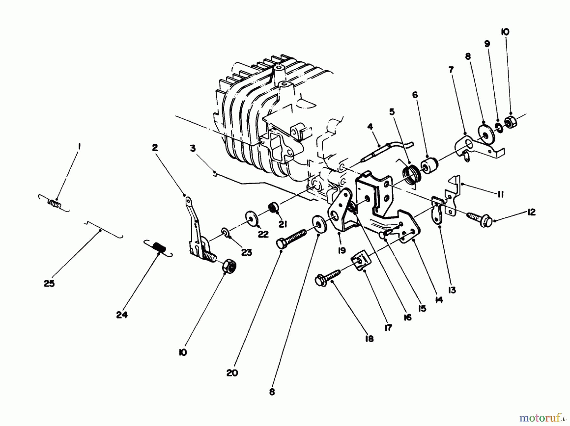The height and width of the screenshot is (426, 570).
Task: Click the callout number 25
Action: pyautogui.click(x=49, y=283)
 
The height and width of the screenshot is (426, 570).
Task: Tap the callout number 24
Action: pyautogui.click(x=122, y=315)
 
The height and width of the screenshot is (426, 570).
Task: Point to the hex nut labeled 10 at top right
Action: pyautogui.click(x=510, y=121)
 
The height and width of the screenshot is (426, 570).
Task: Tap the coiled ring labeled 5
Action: pyautogui.click(x=412, y=174)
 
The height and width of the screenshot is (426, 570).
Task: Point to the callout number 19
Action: pyautogui.click(x=341, y=251)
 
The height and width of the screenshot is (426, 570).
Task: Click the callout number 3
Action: pyautogui.click(x=193, y=148)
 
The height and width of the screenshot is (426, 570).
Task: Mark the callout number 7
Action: pyautogui.click(x=451, y=69)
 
